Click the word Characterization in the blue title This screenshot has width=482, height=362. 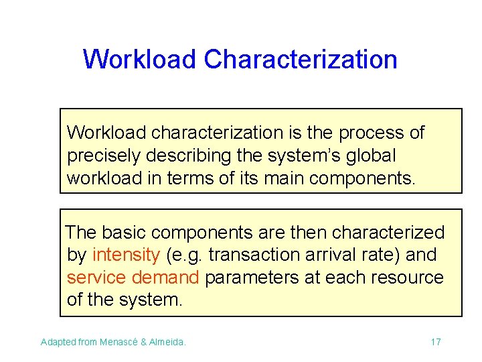301,60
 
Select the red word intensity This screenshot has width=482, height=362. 126,255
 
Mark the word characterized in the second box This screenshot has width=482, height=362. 388,233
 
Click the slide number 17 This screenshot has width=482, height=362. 435,343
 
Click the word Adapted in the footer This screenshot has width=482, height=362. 58,343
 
